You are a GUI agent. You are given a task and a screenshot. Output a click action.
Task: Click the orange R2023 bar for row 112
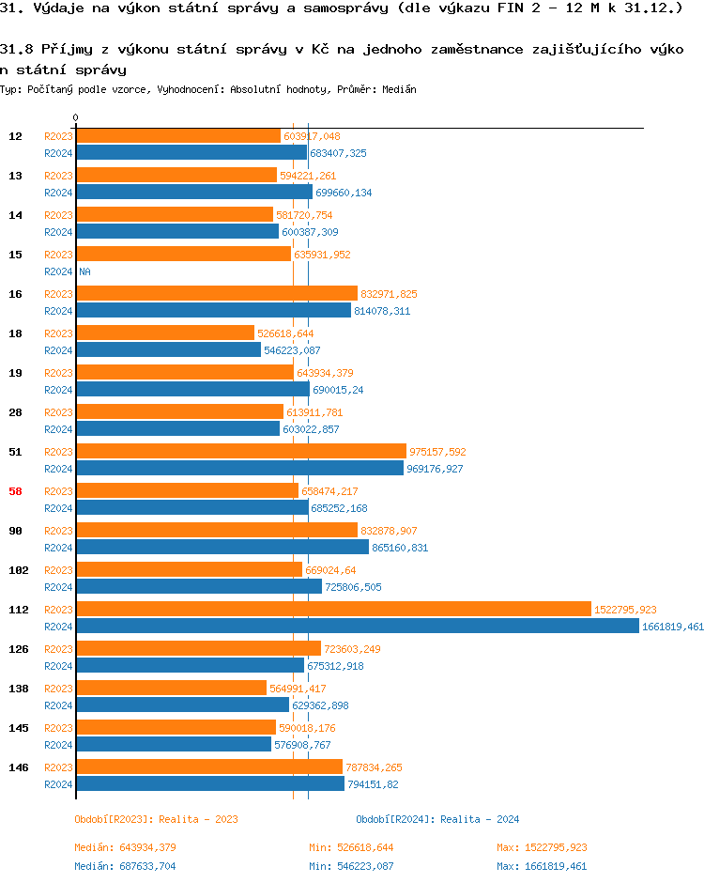(333, 609)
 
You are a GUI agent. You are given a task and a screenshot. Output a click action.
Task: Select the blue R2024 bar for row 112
(357, 626)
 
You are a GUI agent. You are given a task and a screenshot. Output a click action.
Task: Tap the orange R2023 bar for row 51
(241, 451)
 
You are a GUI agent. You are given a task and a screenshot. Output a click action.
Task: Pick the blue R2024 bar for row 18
(169, 349)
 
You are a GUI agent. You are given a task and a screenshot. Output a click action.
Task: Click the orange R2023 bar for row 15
(184, 254)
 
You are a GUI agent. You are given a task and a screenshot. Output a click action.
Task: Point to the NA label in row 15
(84, 271)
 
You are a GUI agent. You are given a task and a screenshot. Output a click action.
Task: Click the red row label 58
(16, 491)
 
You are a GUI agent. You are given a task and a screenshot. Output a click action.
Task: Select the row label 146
(19, 767)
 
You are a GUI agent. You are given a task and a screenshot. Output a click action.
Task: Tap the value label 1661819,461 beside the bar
(672, 627)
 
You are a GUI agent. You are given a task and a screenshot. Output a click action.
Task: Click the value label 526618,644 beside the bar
(285, 333)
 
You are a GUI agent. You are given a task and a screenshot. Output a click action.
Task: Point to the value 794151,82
(373, 784)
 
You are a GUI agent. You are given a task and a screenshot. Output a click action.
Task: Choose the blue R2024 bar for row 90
(222, 547)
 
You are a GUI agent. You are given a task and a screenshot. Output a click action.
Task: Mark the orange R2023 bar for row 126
(199, 648)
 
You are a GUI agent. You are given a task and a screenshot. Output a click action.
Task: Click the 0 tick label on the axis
(76, 118)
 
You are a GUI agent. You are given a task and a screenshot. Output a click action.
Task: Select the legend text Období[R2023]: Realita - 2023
(157, 819)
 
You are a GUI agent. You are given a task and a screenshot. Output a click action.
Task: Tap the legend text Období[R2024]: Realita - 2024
(437, 819)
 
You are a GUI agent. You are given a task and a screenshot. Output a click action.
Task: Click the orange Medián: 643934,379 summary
(125, 848)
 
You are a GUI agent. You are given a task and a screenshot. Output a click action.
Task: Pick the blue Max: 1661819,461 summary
(542, 866)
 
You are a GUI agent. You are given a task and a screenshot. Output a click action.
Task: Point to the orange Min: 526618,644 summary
(351, 848)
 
